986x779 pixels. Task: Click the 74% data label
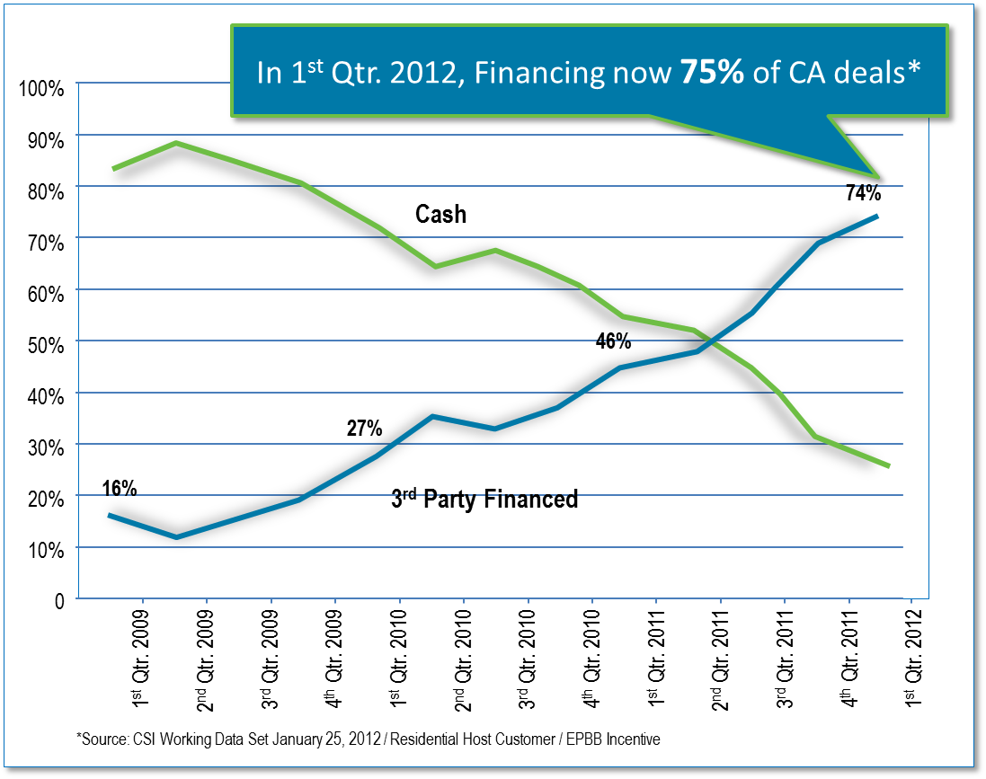click(862, 193)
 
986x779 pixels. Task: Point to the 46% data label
click(613, 341)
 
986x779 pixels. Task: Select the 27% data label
click(365, 428)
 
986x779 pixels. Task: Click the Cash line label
click(440, 215)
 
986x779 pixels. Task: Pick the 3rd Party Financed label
click(484, 499)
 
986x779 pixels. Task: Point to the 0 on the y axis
click(58, 601)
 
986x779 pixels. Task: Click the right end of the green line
click(889, 465)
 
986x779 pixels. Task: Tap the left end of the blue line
click(109, 515)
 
